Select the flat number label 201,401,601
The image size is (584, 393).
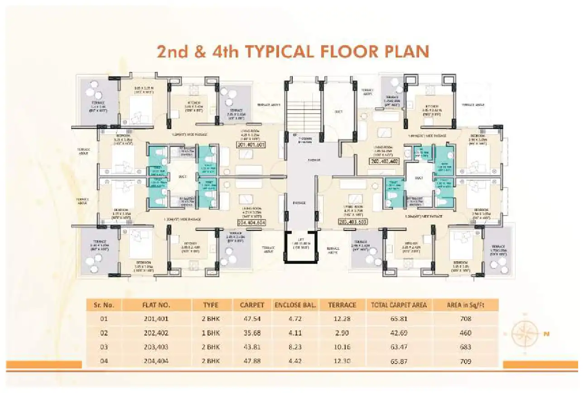tap(251, 145)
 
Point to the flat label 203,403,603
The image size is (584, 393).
tap(352, 222)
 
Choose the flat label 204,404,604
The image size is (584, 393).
tap(251, 223)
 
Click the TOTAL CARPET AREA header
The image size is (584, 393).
tap(399, 305)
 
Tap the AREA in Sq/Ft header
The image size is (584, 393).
tap(465, 305)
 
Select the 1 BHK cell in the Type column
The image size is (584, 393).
tap(211, 333)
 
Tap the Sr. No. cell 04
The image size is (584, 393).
tap(104, 361)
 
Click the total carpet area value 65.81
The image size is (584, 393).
tap(399, 319)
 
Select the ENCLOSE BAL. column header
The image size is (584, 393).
tap(295, 305)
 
